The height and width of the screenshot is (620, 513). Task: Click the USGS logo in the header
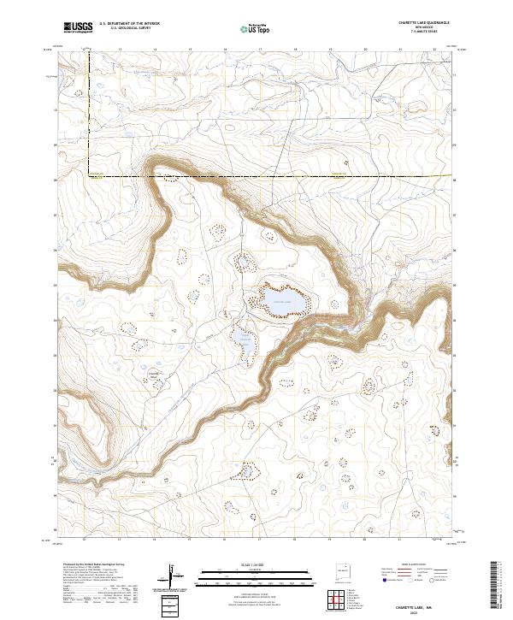(x=80, y=27)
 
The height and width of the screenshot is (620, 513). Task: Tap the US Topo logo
(x=249, y=28)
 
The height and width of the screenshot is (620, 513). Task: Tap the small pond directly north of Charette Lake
(x=245, y=261)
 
